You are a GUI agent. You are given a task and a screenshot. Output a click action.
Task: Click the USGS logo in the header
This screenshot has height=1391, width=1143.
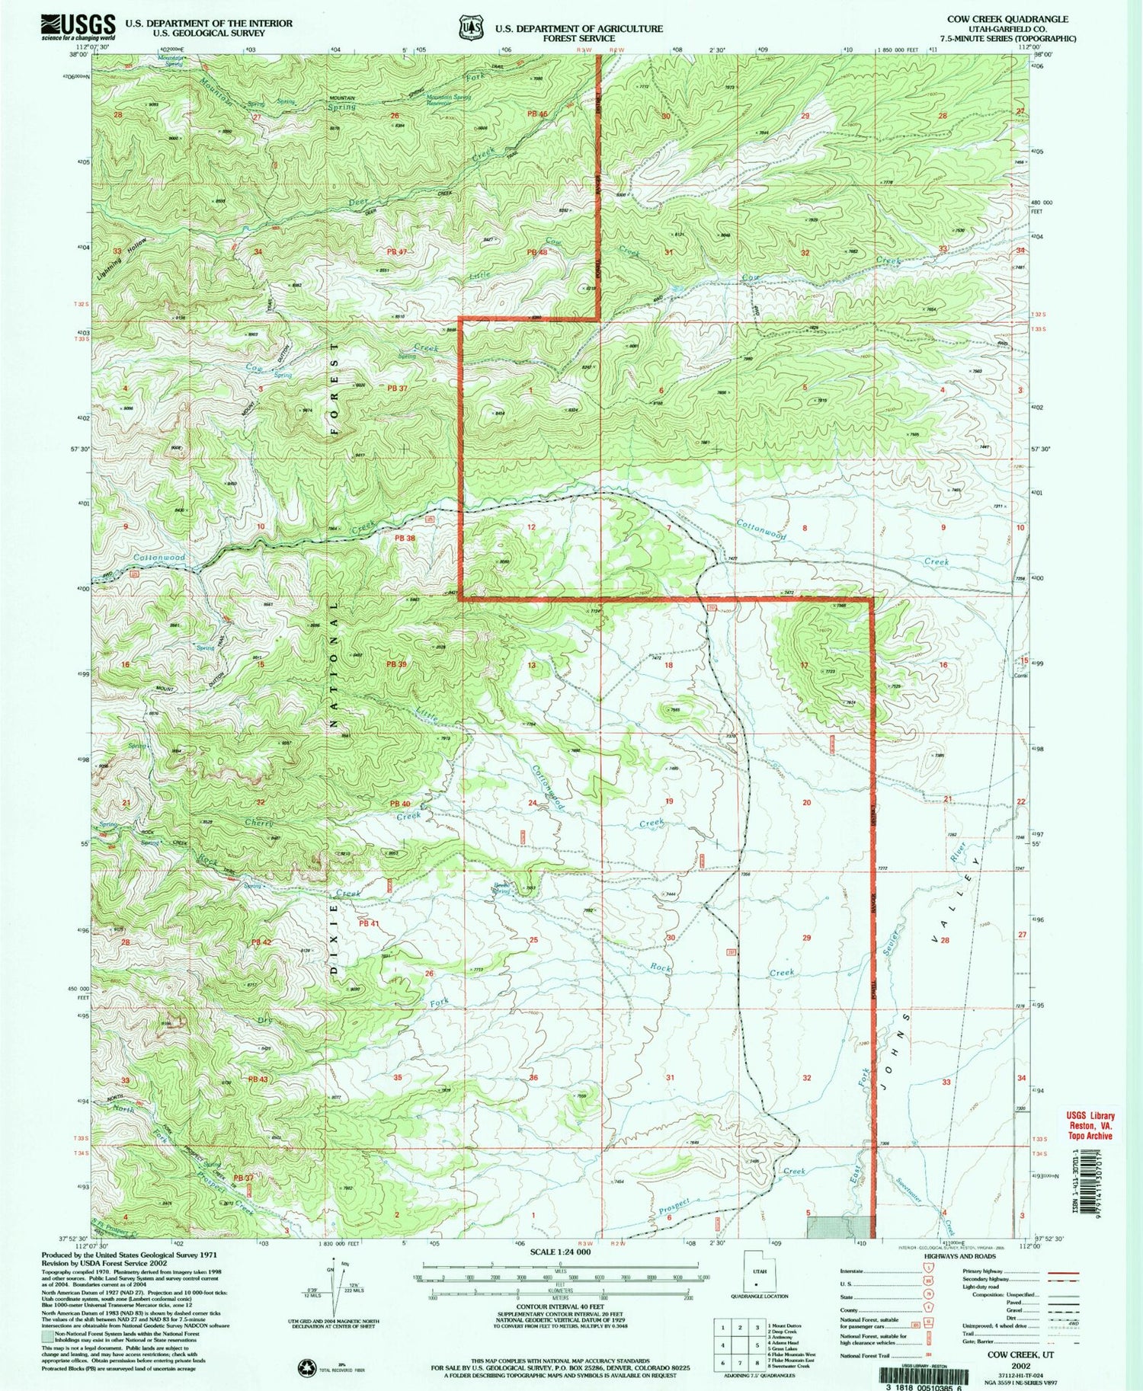(x=78, y=27)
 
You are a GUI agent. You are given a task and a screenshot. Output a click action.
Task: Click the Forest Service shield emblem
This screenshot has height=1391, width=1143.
(x=470, y=28)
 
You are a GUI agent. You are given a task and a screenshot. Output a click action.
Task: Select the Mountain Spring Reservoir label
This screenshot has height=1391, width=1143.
(x=450, y=100)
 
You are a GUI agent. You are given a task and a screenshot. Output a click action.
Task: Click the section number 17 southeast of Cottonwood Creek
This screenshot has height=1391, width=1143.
(x=804, y=665)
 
